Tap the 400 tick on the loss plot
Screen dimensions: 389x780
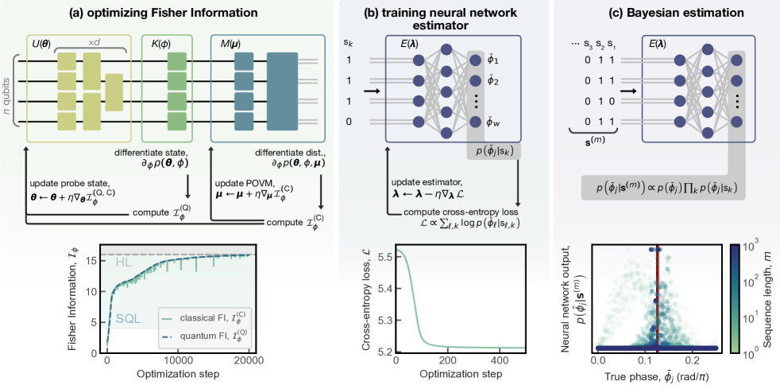click(x=485, y=361)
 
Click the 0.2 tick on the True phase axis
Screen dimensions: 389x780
click(x=693, y=361)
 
